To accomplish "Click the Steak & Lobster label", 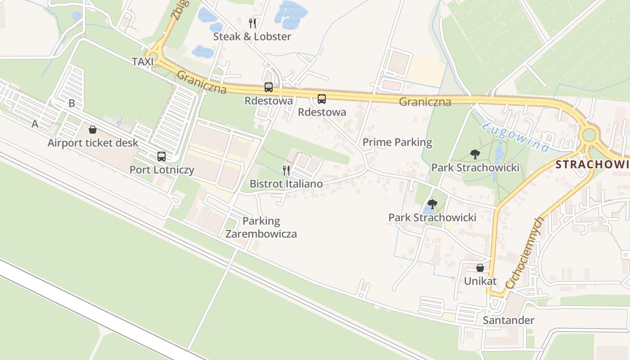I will pyautogui.click(x=252, y=36).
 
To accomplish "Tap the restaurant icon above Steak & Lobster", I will pyautogui.click(x=252, y=22).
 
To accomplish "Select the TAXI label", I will pyautogui.click(x=143, y=62).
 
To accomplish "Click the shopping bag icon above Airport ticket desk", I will pyautogui.click(x=93, y=130).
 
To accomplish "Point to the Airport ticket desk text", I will pyautogui.click(x=93, y=143).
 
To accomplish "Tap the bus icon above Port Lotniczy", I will pyautogui.click(x=162, y=156).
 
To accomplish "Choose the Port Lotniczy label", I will pyautogui.click(x=162, y=170).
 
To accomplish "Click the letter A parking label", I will pyautogui.click(x=35, y=124).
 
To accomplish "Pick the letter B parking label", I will pyautogui.click(x=72, y=103).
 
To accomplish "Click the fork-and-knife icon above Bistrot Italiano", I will pyautogui.click(x=286, y=170).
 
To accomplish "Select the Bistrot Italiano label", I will pyautogui.click(x=286, y=184).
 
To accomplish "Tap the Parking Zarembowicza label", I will pyautogui.click(x=261, y=227).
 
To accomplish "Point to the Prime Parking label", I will pyautogui.click(x=397, y=143).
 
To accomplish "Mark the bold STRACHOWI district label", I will pyautogui.click(x=592, y=164).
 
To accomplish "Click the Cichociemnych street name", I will pyautogui.click(x=525, y=252).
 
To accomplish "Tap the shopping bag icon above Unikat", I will pyautogui.click(x=480, y=268).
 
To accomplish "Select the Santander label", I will pyautogui.click(x=508, y=320).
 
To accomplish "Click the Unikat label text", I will pyautogui.click(x=480, y=281).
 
